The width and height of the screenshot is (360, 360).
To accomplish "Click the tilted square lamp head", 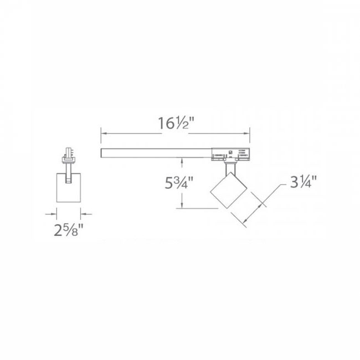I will pyautogui.click(x=227, y=192).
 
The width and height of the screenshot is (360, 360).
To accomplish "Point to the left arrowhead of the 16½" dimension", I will pyautogui.click(x=103, y=132).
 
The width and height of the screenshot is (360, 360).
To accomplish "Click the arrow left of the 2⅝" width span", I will pyautogui.click(x=53, y=212).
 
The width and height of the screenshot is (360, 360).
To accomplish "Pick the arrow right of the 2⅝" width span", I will pyautogui.click(x=84, y=212).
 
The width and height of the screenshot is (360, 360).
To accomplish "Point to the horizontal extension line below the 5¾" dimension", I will pyautogui.click(x=197, y=208).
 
